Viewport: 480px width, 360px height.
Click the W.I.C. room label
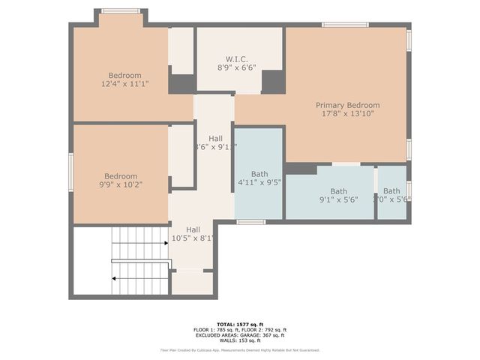pyautogui.click(x=236, y=58)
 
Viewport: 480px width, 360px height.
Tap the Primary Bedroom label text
pyautogui.click(x=347, y=105)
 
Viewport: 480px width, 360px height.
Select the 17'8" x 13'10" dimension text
pyautogui.click(x=347, y=114)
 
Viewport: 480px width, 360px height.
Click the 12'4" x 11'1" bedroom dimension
pyautogui.click(x=124, y=84)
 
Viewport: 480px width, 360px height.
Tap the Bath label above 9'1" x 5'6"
pyautogui.click(x=339, y=191)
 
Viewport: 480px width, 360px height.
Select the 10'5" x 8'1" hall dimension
pyautogui.click(x=193, y=238)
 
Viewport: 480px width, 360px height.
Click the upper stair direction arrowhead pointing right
pyautogui.click(x=164, y=243)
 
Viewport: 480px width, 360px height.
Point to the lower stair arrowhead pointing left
pyautogui.click(x=115, y=278)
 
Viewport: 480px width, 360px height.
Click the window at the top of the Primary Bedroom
pyautogui.click(x=345, y=25)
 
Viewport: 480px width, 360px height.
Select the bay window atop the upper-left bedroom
pyautogui.click(x=121, y=11)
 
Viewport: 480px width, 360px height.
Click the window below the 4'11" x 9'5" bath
pyautogui.click(x=251, y=222)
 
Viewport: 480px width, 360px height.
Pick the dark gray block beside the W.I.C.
pyautogui.click(x=273, y=81)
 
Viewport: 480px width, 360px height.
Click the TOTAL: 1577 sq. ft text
pyautogui.click(x=239, y=323)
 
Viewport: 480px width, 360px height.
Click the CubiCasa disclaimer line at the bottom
pyautogui.click(x=239, y=350)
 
